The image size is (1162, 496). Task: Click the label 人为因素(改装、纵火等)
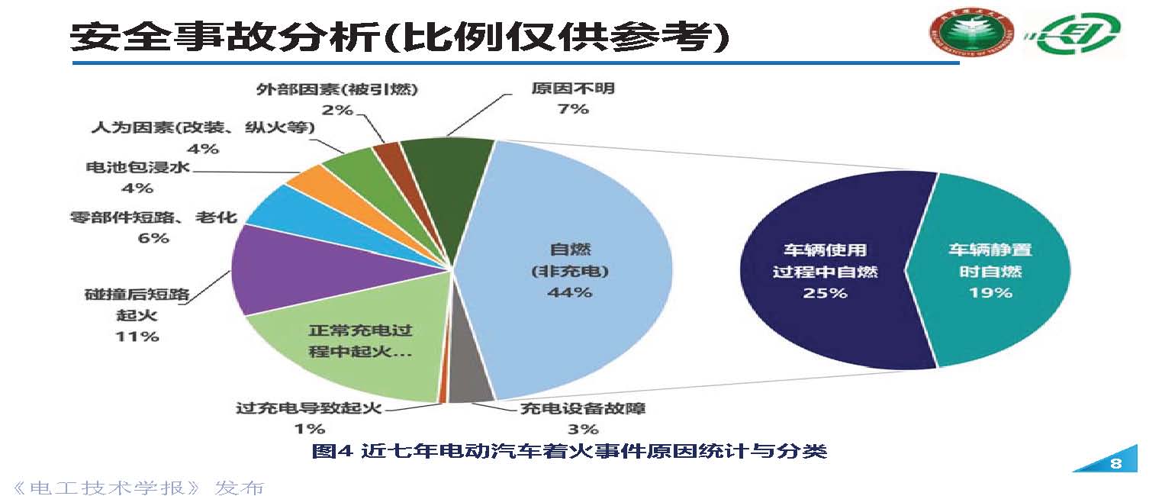click(x=202, y=127)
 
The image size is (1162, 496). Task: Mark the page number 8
click(x=1115, y=463)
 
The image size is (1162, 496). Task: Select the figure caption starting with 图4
click(x=569, y=451)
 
